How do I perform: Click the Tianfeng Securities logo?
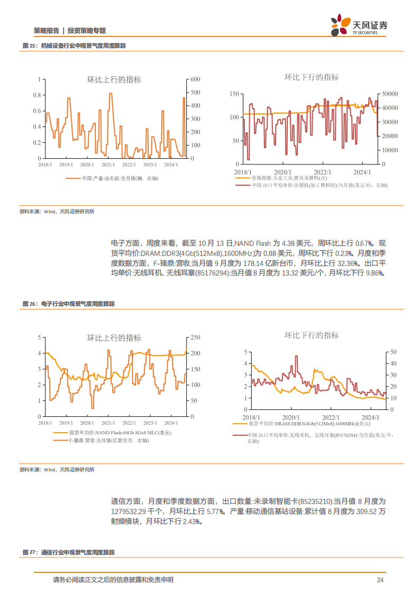[x=359, y=25]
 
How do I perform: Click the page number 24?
[x=380, y=580]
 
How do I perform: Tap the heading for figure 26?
[x=68, y=304]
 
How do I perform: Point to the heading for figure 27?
[x=68, y=552]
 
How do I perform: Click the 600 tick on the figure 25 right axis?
[x=195, y=79]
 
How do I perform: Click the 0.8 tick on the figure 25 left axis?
[x=37, y=95]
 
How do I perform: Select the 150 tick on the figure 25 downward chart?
[x=235, y=94]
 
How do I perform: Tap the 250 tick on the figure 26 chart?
[x=195, y=337]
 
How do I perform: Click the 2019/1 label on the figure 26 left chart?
[x=66, y=423]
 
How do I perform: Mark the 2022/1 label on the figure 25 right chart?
[x=322, y=172]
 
